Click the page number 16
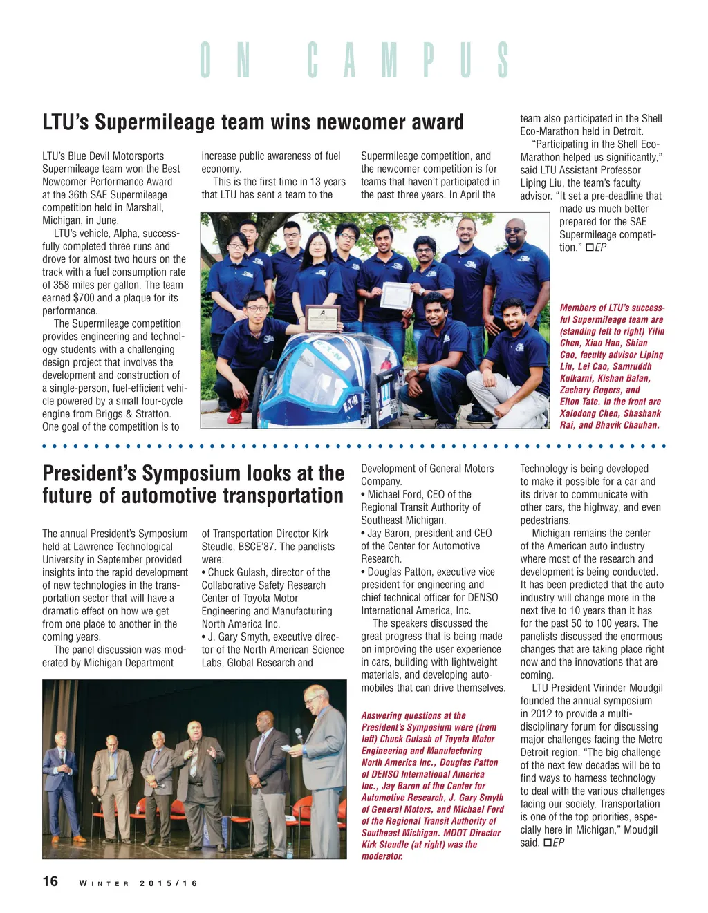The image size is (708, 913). (x=50, y=881)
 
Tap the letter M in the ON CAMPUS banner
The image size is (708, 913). (x=390, y=60)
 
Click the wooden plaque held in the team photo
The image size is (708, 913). (x=322, y=319)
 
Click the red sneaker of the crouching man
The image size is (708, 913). (x=235, y=415)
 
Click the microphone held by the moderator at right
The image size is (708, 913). (x=299, y=733)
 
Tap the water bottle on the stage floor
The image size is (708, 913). (x=289, y=850)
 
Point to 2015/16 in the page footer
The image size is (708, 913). (x=169, y=883)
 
